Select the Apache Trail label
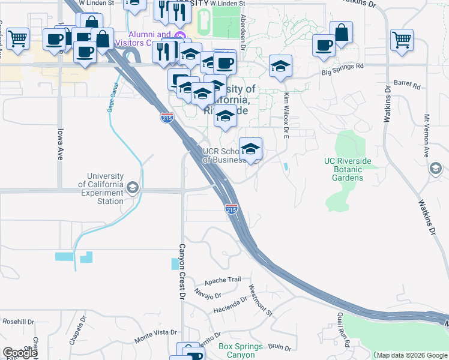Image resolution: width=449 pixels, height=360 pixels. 222,280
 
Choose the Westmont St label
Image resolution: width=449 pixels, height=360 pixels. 261,300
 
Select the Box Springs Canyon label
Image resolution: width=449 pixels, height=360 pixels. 240,350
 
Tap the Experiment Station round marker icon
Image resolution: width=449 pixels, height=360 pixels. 132,188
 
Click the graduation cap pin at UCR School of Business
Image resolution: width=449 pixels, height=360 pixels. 250,148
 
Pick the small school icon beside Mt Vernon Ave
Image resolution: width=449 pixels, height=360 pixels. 435,169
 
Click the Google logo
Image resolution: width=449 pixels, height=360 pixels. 20,353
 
